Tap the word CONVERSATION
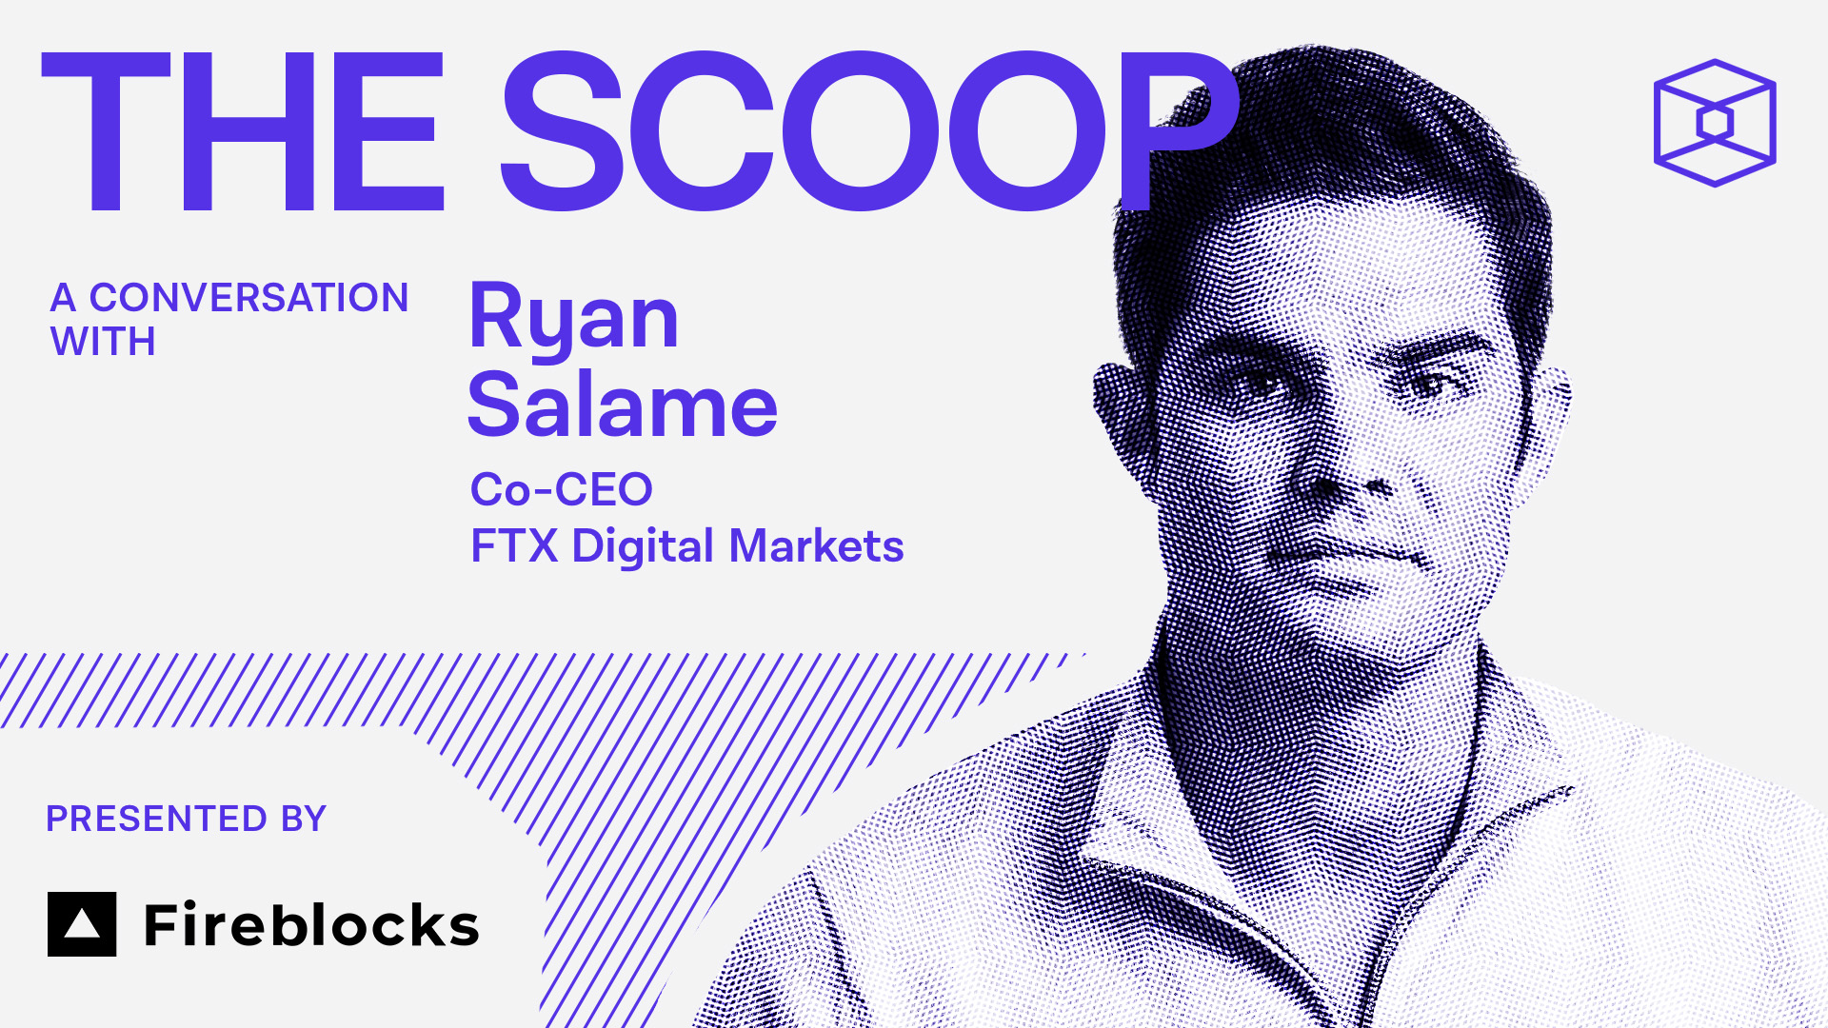(248, 298)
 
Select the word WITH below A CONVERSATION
(103, 342)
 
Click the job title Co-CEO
(562, 490)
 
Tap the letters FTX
(514, 546)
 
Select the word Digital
(643, 547)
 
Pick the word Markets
(816, 546)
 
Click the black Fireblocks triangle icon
(82, 924)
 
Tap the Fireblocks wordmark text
(311, 925)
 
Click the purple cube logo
(1715, 123)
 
